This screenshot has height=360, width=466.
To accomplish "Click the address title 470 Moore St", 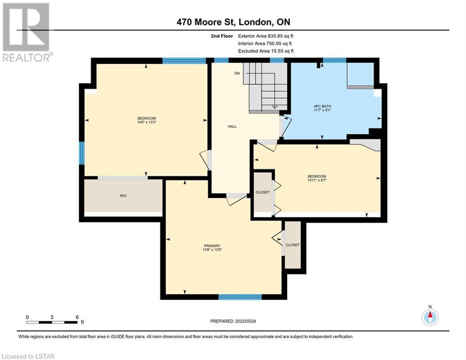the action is tap(206, 22).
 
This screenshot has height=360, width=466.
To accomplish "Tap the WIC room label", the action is tap(123, 196).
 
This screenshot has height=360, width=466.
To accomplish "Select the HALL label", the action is tap(232, 127).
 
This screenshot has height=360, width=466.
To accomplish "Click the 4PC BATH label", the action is tap(323, 106).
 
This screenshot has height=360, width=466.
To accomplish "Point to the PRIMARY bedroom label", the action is tap(212, 246).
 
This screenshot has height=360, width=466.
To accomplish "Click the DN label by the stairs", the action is tap(237, 73).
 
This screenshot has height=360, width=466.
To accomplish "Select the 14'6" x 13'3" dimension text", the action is tap(147, 122).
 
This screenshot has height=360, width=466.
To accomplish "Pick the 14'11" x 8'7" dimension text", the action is tap(317, 180).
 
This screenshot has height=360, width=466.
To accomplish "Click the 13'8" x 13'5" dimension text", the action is tap(212, 250).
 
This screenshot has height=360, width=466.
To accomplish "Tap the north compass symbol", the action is tap(430, 316).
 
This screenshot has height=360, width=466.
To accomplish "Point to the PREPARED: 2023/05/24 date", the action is tap(233, 321).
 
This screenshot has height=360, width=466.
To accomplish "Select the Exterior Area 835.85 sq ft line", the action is tap(266, 36).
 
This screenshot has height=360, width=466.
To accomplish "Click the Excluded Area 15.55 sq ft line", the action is tap(266, 51).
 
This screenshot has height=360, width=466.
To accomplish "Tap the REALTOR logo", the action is tap(27, 32).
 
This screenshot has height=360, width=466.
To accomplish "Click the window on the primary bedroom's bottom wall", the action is tap(240, 297).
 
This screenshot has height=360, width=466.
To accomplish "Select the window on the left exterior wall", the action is tap(81, 153).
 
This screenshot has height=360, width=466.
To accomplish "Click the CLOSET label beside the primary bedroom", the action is tap(293, 245).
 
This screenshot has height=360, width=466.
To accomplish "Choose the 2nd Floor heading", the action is tap(222, 36).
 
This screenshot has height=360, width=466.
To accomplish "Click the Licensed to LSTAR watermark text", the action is tap(28, 356).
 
